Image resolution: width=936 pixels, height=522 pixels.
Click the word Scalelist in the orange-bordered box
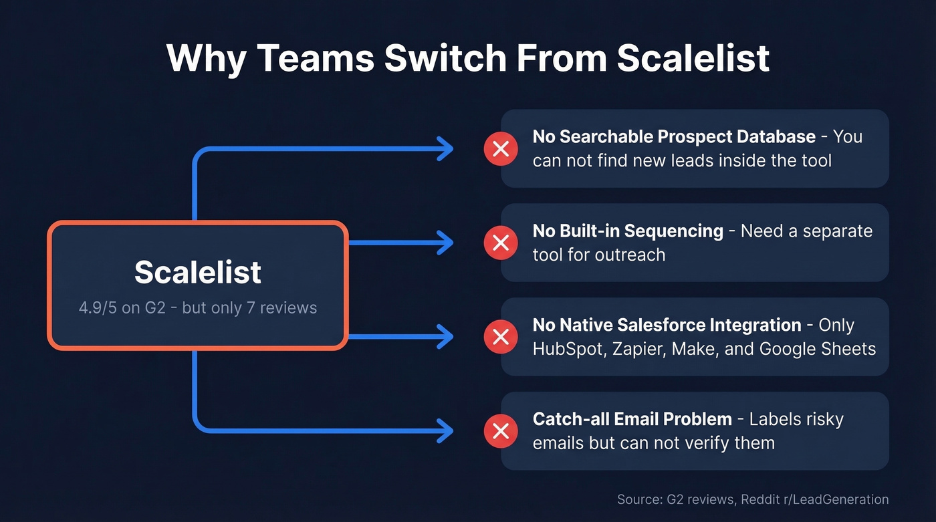coord(198,271)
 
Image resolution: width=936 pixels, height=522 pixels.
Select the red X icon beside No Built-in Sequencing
coord(501,243)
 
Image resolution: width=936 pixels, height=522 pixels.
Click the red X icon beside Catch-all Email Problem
coord(501,431)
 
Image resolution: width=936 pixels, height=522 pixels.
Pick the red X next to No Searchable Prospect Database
coord(501,148)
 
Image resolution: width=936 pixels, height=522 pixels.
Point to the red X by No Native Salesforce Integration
coord(501,337)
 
